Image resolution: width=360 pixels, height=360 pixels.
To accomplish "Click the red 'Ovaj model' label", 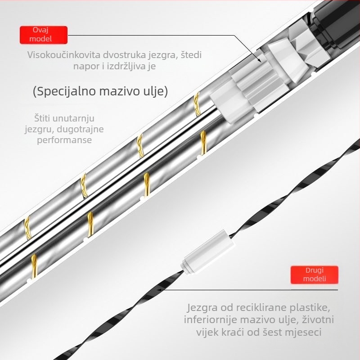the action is [44, 35].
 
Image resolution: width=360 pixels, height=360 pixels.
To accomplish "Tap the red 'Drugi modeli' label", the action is [314, 274].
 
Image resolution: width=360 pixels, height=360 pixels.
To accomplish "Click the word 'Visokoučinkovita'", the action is [63, 54].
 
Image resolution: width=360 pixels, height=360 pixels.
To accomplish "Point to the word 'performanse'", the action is [64, 140].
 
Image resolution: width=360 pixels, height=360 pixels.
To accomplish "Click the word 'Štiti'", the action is [42, 118].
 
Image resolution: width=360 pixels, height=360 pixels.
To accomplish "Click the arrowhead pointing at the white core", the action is [259, 60].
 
